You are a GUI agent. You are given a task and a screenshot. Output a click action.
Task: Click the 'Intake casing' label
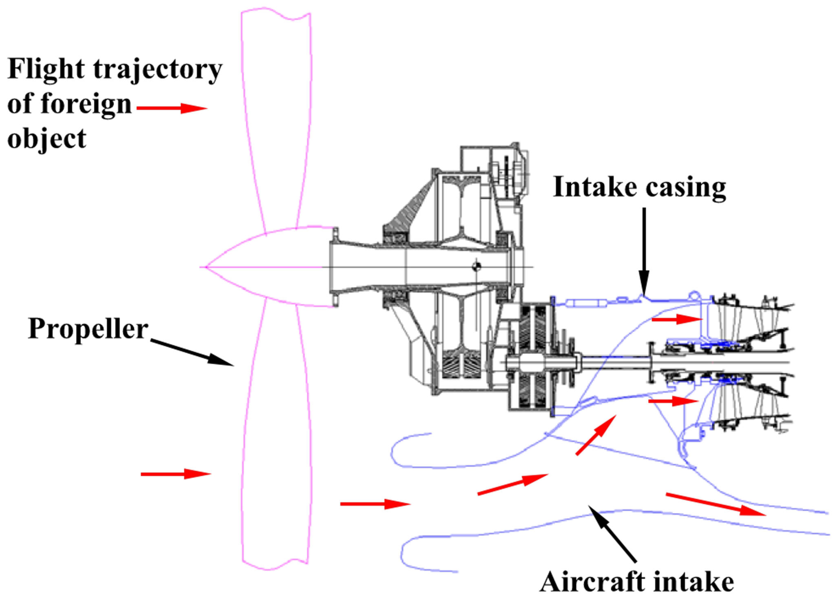(639, 187)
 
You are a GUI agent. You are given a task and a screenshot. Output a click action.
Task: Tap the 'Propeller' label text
(88, 329)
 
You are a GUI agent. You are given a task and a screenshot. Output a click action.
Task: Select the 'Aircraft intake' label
(636, 581)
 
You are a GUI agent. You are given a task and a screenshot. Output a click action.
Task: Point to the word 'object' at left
(46, 139)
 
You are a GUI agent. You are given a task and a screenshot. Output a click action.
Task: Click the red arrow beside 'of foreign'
(172, 108)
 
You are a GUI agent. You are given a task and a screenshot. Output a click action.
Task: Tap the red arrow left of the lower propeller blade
(175, 474)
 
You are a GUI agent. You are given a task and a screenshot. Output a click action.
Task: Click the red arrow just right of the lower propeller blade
(375, 504)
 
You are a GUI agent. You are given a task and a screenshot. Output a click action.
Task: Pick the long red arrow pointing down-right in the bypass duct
(716, 504)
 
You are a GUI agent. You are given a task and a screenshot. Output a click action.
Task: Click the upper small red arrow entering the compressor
(677, 319)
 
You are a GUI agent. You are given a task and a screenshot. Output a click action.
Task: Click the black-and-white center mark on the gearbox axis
(476, 266)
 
